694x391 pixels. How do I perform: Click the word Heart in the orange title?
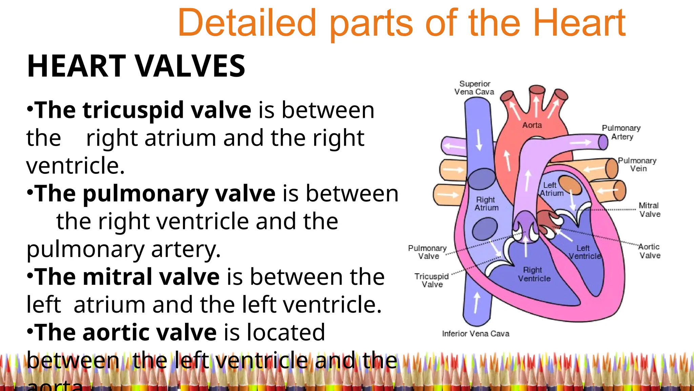(579, 23)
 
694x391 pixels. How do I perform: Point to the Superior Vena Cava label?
(474, 88)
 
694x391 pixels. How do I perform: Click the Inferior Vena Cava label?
(475, 334)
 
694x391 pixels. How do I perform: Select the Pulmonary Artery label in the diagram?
(621, 132)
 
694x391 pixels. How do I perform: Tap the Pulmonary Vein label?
(637, 164)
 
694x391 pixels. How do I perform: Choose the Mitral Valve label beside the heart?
(649, 210)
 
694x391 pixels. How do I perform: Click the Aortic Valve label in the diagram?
(649, 251)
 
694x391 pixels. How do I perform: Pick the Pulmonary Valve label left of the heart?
(428, 252)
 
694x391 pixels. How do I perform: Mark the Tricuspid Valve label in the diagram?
(432, 280)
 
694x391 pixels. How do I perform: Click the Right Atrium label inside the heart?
(486, 204)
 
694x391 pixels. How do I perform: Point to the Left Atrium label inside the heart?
(551, 189)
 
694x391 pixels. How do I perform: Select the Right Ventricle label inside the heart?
(534, 274)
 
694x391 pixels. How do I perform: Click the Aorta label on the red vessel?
(532, 125)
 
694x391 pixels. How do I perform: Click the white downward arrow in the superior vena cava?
(479, 139)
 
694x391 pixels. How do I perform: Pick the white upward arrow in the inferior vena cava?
(477, 302)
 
